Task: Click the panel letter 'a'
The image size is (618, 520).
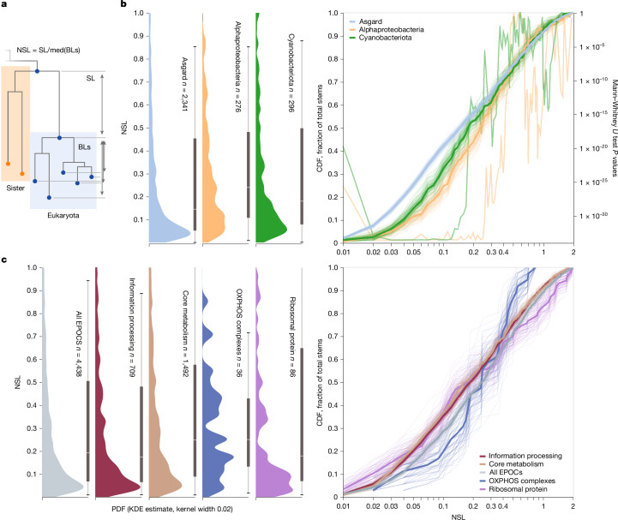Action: click(x=4, y=5)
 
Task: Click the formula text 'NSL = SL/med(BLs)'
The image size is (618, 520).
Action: click(x=49, y=50)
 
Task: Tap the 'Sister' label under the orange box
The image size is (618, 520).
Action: click(x=15, y=188)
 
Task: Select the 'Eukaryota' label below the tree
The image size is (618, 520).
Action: click(x=63, y=216)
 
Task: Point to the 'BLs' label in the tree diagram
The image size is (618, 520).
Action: click(x=84, y=147)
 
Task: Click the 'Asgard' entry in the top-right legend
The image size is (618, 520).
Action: click(x=370, y=21)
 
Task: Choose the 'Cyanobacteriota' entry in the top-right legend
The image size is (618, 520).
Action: click(x=385, y=38)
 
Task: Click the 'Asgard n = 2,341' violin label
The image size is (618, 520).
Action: click(x=184, y=84)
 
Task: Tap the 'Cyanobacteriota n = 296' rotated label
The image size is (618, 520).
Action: click(x=291, y=73)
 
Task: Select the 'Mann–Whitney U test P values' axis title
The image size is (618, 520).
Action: click(x=614, y=128)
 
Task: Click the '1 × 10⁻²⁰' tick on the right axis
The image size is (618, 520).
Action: click(x=593, y=148)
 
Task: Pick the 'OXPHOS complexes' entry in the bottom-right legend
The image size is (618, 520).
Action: click(x=522, y=481)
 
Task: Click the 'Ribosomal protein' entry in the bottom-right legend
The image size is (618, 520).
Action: click(x=518, y=489)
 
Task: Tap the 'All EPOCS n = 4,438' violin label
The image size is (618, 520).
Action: click(x=79, y=344)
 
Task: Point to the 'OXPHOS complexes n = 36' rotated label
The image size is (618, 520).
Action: click(x=239, y=332)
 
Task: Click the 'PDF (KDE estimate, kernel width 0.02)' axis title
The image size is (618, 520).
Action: click(x=172, y=509)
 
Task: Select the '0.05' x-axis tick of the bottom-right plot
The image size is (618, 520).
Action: click(x=413, y=505)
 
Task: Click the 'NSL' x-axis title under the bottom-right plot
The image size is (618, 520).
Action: click(x=458, y=517)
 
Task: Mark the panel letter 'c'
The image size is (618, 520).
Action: click(x=4, y=260)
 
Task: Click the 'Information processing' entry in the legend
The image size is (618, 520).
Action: click(x=525, y=456)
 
